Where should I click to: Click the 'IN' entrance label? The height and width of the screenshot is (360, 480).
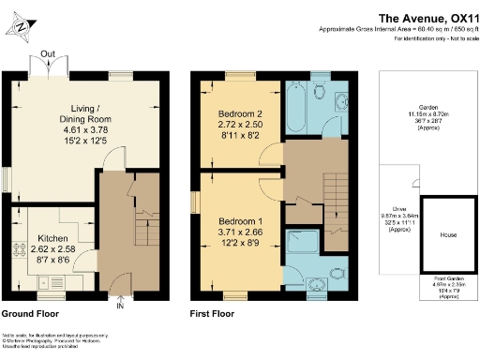pyautogui.click(x=119, y=305)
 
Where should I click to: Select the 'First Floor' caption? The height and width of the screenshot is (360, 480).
pyautogui.click(x=211, y=315)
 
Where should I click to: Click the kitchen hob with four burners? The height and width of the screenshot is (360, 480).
pyautogui.click(x=19, y=251)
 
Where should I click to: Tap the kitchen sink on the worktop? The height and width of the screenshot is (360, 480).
pyautogui.click(x=45, y=281)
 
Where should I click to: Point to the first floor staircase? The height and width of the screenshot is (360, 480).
pyautogui.click(x=333, y=202)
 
